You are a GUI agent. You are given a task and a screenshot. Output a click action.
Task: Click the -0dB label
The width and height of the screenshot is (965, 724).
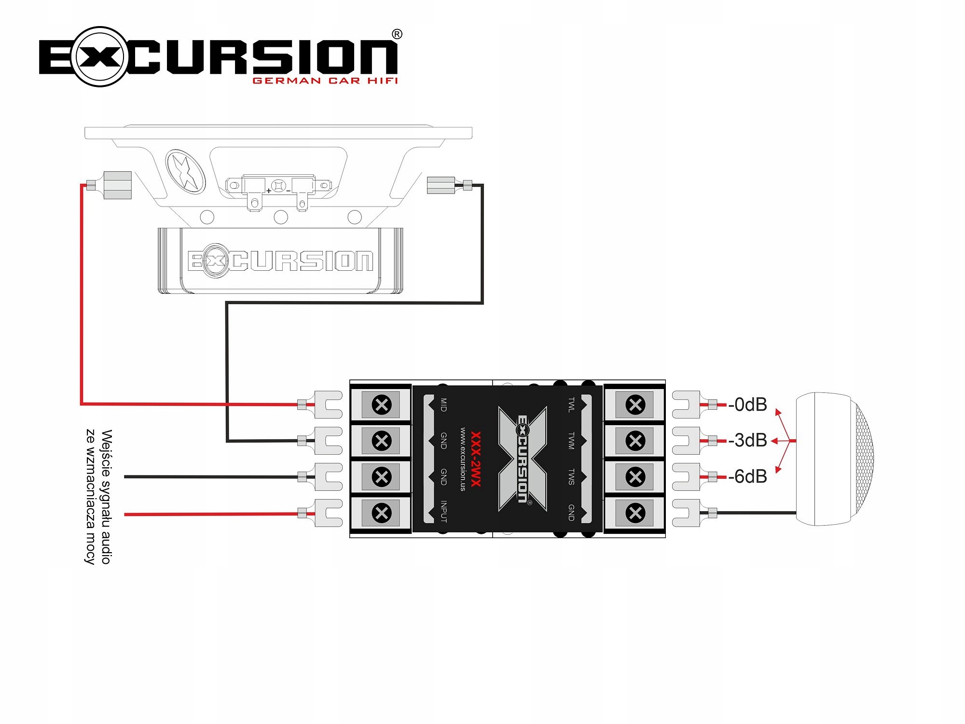(747, 404)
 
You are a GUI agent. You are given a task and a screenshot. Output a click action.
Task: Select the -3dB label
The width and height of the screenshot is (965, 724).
(747, 440)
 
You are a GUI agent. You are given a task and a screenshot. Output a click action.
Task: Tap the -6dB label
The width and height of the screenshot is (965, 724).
(747, 476)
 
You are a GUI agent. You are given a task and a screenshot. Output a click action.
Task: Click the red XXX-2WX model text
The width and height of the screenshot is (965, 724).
(476, 459)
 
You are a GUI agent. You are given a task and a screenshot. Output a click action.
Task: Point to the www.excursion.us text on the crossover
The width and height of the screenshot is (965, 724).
(463, 459)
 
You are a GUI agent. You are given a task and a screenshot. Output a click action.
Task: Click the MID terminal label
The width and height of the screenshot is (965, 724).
(443, 405)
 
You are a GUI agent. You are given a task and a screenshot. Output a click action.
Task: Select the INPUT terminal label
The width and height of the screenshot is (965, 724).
(443, 512)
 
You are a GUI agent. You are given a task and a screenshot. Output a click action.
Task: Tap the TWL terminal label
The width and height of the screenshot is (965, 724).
(571, 405)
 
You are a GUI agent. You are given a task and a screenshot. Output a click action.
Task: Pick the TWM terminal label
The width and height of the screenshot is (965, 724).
(571, 441)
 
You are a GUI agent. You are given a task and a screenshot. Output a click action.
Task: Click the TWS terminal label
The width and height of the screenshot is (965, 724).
(571, 476)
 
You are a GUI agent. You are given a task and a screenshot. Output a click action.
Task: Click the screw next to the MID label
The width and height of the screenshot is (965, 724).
(382, 404)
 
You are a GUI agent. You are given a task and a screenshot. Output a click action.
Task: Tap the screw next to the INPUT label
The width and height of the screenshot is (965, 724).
(382, 513)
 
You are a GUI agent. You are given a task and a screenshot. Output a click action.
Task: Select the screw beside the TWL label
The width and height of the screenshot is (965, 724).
(635, 404)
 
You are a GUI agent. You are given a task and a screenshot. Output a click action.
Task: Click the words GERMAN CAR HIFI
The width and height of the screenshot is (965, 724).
(325, 81)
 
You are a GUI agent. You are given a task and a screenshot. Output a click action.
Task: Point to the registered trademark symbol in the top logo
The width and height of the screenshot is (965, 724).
(397, 34)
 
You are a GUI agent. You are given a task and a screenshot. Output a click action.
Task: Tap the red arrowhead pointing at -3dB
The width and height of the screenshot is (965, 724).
(774, 441)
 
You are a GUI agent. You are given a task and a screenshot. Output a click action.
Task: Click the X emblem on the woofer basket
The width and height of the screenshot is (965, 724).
(185, 171)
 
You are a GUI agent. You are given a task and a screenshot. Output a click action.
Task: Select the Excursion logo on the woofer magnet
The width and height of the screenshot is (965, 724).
(280, 261)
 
